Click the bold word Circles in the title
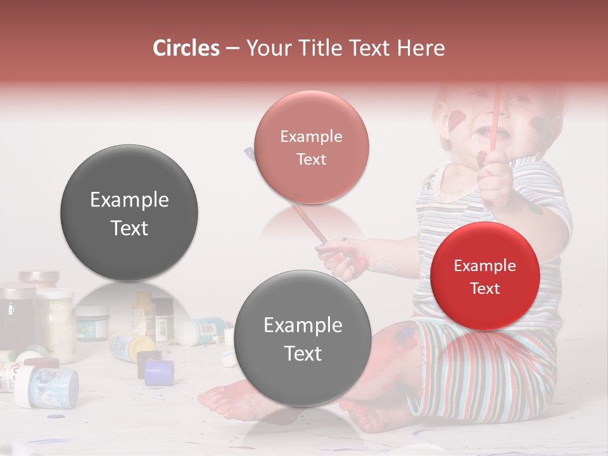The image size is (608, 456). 186,48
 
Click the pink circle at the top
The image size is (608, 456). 311,147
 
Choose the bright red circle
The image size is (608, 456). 484,276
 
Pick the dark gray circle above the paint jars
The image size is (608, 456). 129,213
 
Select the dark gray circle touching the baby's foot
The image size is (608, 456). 303,338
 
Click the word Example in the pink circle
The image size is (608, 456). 311,136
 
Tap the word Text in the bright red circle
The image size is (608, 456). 485,289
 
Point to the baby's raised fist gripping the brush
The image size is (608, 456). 496,171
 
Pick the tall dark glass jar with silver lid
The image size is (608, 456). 18,315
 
